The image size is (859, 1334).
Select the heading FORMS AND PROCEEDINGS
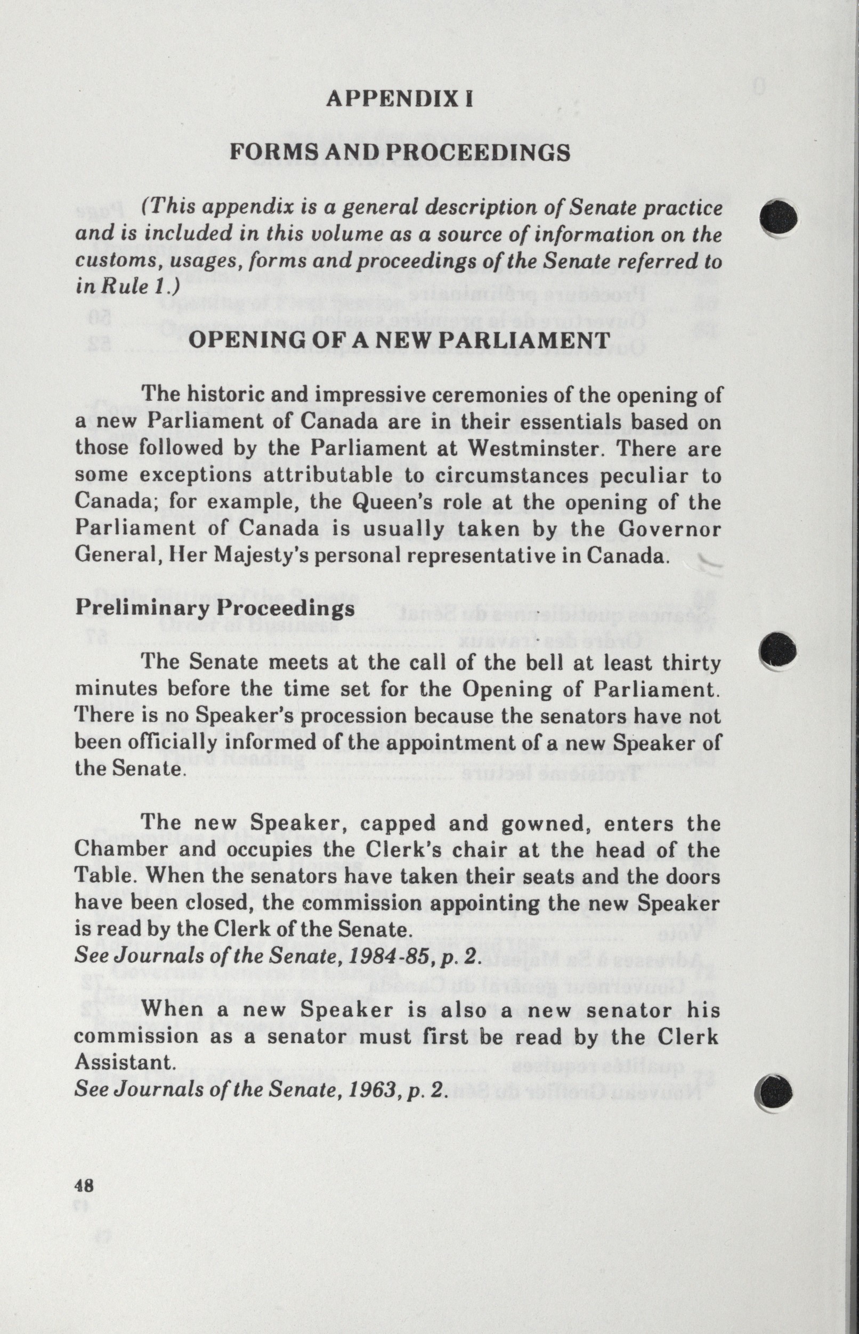click(x=400, y=152)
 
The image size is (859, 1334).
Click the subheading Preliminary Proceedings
click(x=215, y=607)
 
